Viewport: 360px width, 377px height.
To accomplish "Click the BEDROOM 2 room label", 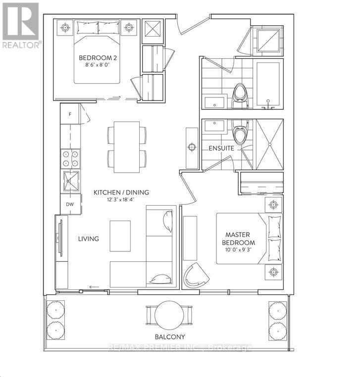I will pos(97,58).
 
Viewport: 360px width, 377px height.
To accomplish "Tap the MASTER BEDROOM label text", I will pos(240,238).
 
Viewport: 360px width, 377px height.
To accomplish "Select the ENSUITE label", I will pos(221,148).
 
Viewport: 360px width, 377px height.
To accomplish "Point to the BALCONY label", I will pos(170,337).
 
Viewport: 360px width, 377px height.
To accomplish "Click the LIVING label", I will pos(89,238).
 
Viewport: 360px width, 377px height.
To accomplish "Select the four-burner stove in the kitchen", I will pos(70,158).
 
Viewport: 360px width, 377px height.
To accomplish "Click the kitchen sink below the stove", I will pos(70,181).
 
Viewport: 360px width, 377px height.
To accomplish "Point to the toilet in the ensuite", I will pos(240,135).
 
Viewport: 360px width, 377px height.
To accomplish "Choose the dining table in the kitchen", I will pos(127,147).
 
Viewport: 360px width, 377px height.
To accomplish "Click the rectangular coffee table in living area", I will pos(120,236).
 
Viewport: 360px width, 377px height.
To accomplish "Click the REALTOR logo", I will pos(21,25).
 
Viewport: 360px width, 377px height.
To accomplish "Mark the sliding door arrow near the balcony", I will pos(94,287).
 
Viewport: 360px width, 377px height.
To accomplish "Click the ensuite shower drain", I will pos(270,144).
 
